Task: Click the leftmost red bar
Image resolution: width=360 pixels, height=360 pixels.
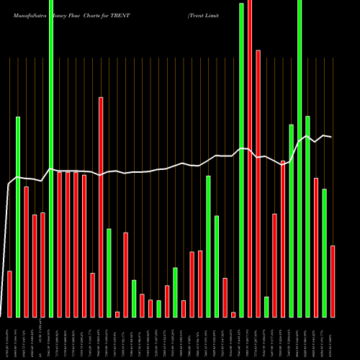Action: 10,294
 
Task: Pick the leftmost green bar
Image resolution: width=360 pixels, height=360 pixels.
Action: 18,216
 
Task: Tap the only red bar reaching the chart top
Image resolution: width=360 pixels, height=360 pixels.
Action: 250,158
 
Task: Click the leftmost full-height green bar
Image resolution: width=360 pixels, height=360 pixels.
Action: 51,158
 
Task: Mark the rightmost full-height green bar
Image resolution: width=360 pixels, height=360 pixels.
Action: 300,158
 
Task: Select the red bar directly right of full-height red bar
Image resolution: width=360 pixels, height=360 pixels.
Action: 258,184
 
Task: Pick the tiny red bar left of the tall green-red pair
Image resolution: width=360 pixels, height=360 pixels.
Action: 233,314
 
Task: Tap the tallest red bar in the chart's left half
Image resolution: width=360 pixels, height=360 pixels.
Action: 101,207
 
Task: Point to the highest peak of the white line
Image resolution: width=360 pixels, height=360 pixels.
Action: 307,135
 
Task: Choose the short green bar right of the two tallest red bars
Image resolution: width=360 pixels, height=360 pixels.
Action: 266,307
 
